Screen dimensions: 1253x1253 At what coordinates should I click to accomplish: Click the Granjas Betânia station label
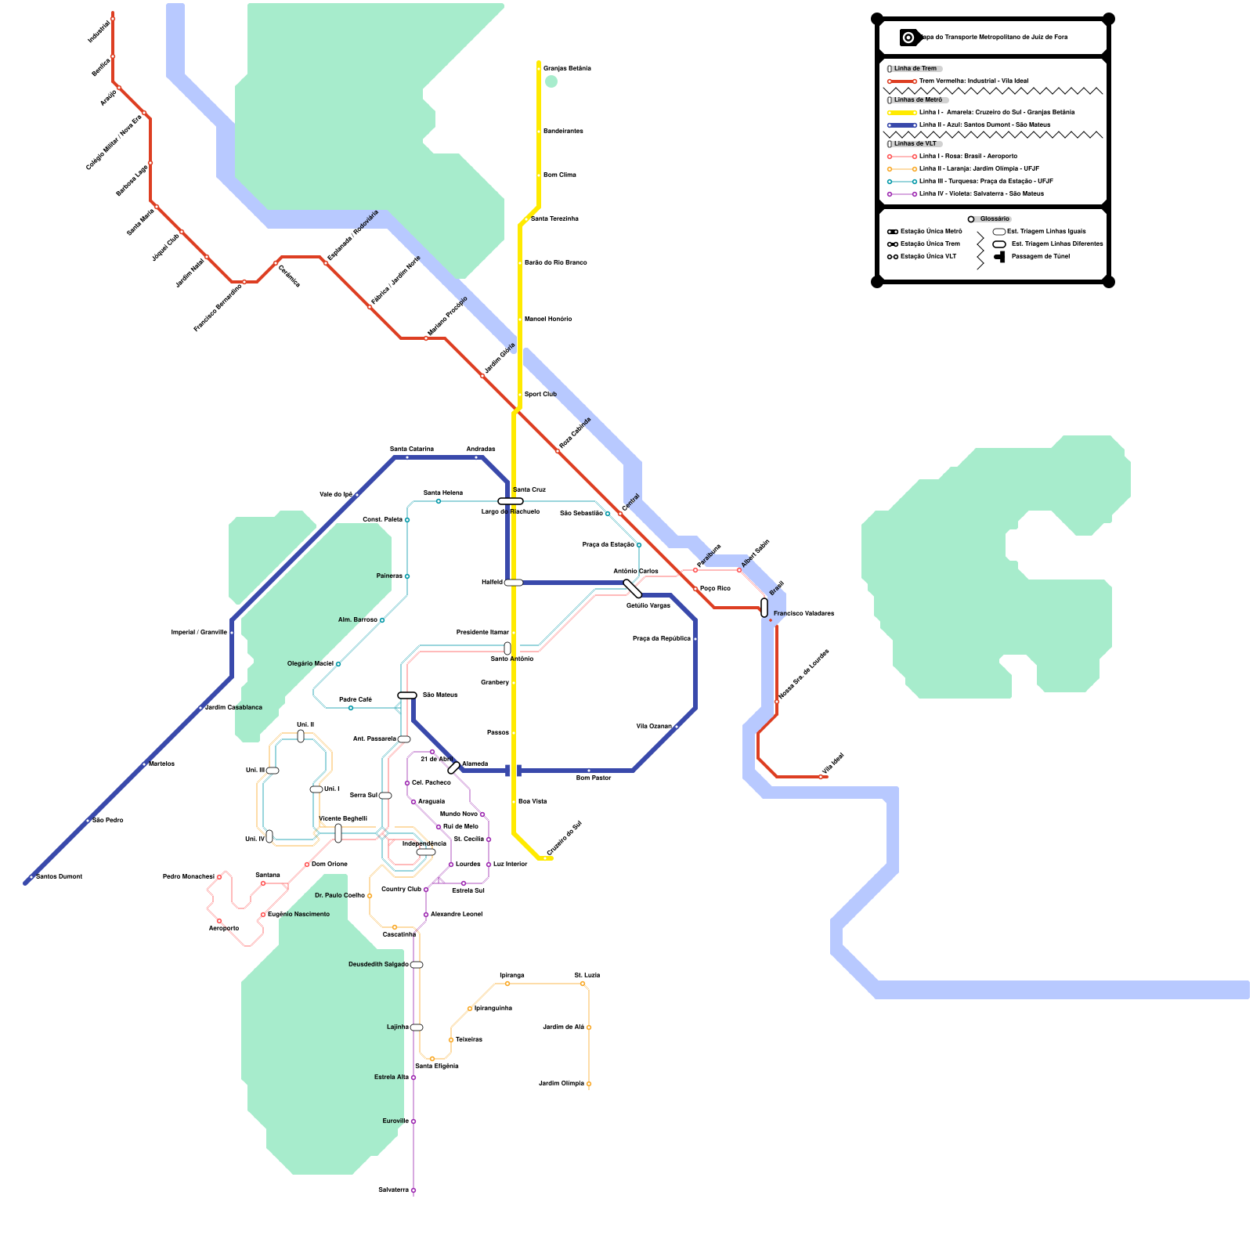point(567,69)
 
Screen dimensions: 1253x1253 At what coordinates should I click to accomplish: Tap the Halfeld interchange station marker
point(514,583)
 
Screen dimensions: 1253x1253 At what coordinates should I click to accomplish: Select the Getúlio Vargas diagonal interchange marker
point(632,589)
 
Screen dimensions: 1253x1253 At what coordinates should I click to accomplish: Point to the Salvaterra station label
point(393,1190)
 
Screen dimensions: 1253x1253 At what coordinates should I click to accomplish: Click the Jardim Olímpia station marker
point(589,1084)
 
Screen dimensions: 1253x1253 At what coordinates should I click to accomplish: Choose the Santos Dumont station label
point(59,877)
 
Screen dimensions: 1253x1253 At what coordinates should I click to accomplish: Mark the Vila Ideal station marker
point(821,777)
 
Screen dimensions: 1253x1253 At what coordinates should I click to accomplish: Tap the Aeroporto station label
point(223,929)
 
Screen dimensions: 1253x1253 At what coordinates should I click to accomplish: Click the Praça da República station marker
point(695,639)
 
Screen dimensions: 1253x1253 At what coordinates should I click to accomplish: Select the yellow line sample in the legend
point(902,113)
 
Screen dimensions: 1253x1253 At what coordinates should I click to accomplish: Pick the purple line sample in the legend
point(902,194)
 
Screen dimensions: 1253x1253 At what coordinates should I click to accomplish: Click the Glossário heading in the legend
point(995,219)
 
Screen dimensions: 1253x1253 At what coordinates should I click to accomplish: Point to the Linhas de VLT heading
point(915,144)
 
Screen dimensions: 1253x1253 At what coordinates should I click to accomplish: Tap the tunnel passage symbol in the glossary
point(1000,257)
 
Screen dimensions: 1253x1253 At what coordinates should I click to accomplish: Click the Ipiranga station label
point(512,976)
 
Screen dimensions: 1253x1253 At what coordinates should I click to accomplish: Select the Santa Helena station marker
point(439,501)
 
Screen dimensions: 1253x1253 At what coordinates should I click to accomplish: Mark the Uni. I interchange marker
point(316,789)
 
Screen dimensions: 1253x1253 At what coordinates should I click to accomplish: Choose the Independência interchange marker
point(425,852)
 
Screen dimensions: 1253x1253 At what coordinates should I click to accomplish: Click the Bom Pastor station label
point(594,778)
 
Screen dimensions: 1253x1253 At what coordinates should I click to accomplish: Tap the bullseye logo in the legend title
point(908,38)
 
